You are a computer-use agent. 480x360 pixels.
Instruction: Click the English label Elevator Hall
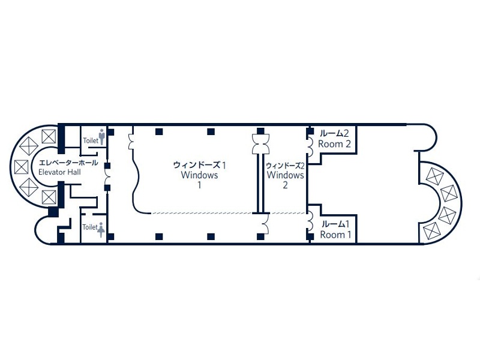point(59,172)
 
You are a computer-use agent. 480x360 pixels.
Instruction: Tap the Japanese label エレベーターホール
point(68,163)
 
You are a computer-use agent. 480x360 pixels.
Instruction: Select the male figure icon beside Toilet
point(102,137)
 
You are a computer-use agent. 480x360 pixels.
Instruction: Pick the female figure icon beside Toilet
point(101,230)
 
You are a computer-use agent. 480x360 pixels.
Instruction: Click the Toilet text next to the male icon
point(91,140)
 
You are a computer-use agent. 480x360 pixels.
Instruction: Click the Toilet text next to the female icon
point(89,227)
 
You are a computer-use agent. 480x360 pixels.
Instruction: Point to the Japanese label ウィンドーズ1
point(200,165)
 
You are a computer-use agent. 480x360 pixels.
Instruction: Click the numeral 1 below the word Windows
point(199,185)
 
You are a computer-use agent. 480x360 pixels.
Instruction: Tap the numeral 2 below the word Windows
point(286,185)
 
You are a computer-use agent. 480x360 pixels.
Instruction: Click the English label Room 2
point(334,144)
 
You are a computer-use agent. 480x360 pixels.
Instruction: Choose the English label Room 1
point(335,235)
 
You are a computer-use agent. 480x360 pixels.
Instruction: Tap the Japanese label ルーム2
point(334,133)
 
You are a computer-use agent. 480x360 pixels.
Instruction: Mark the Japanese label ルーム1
point(335,224)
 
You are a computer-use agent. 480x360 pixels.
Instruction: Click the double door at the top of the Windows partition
point(260,144)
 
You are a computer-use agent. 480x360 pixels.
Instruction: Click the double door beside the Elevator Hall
point(108,177)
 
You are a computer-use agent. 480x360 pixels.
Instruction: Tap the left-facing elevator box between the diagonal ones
point(21,167)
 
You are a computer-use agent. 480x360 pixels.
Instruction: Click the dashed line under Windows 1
point(202,213)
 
